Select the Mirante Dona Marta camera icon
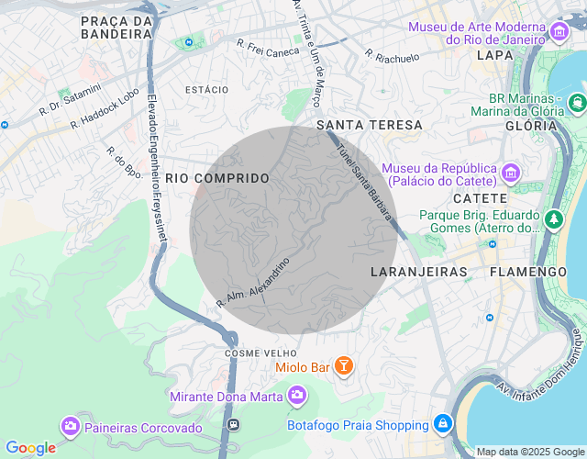(296, 396)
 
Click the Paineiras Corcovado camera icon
(70, 427)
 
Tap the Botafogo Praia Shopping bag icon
(443, 424)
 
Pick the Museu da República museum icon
(511, 172)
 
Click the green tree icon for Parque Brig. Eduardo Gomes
(554, 219)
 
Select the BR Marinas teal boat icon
(577, 102)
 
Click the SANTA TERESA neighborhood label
(370, 125)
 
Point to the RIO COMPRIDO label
(218, 178)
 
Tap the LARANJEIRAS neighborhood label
(419, 272)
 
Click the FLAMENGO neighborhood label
(528, 272)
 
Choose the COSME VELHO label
(260, 353)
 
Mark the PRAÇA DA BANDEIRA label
(116, 27)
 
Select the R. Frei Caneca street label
(269, 48)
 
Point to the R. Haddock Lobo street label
(105, 107)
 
